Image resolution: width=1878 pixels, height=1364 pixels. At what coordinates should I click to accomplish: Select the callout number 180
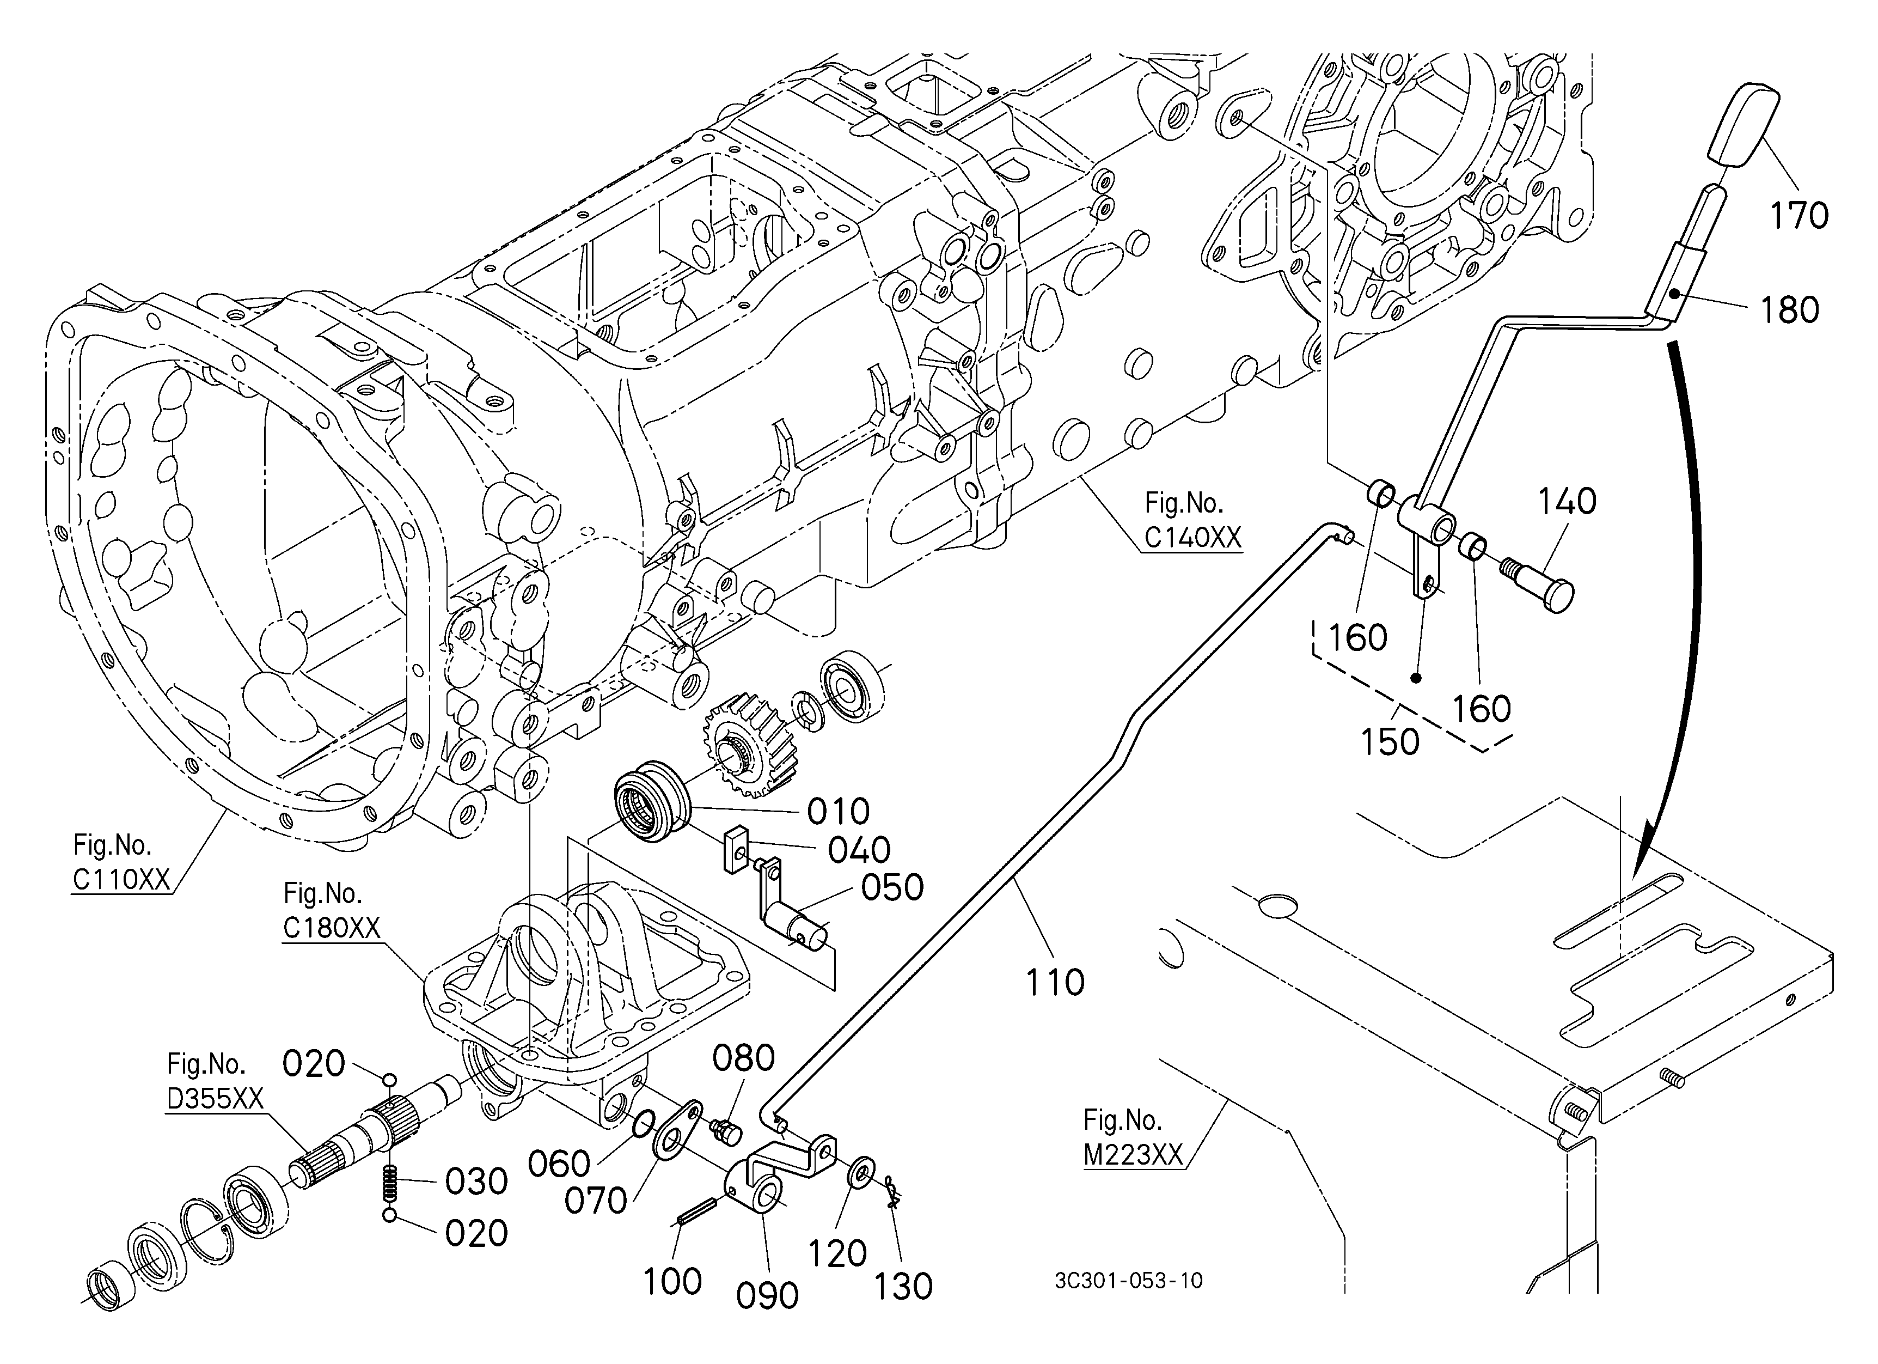[1789, 310]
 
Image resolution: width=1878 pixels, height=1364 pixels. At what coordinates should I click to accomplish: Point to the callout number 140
[1568, 501]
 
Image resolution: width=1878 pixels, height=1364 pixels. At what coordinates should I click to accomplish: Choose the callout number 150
[1390, 742]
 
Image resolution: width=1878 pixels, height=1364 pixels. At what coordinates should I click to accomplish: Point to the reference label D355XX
[215, 1098]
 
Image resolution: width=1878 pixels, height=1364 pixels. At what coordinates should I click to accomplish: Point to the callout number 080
[744, 1058]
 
